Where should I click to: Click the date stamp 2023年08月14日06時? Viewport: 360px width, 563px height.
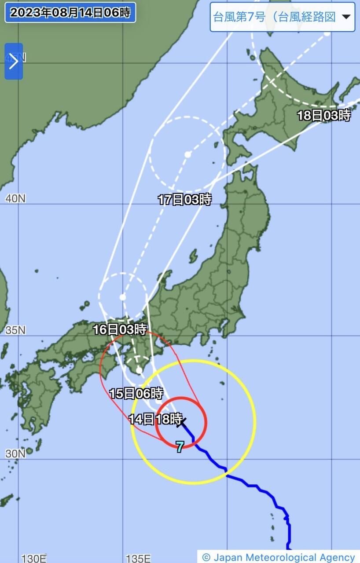click(70, 13)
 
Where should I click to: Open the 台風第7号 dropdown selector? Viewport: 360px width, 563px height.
click(282, 17)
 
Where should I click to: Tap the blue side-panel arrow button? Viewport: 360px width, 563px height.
click(14, 61)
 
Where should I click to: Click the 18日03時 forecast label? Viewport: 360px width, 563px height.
click(324, 116)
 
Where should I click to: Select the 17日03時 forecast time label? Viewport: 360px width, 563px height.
click(185, 200)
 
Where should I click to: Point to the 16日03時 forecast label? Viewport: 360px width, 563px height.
click(120, 329)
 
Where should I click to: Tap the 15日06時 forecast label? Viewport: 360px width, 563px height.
click(136, 393)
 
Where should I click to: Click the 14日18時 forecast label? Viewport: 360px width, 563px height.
click(155, 419)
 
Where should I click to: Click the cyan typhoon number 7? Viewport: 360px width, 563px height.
click(180, 447)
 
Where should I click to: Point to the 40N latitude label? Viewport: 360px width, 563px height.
click(15, 199)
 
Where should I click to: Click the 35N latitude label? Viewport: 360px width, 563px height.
click(15, 330)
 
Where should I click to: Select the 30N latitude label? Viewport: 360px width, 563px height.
click(15, 453)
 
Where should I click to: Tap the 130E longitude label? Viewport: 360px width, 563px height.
click(34, 558)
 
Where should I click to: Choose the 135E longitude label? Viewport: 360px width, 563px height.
click(138, 558)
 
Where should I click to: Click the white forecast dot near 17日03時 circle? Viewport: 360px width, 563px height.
click(187, 154)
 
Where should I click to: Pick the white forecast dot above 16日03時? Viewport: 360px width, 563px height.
click(123, 297)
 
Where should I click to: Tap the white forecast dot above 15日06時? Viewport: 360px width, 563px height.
click(139, 370)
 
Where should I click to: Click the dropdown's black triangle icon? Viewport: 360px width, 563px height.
click(346, 17)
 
